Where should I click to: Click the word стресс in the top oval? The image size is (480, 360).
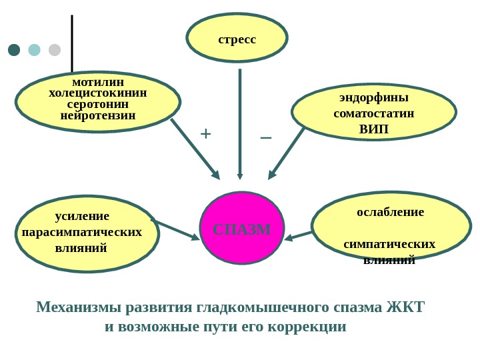click(x=237, y=39)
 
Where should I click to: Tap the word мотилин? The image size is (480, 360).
click(x=98, y=82)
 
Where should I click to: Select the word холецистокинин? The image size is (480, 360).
click(x=98, y=93)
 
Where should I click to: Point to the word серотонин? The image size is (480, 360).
click(x=98, y=104)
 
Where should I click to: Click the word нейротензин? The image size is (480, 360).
click(x=98, y=115)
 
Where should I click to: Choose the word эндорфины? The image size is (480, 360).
click(x=373, y=97)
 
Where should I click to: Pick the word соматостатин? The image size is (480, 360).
click(x=373, y=113)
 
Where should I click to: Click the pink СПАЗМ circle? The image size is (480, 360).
click(x=242, y=229)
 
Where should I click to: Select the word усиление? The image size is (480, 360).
click(x=82, y=216)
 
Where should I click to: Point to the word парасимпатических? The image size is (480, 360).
click(x=82, y=232)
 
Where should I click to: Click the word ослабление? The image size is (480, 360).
click(x=391, y=212)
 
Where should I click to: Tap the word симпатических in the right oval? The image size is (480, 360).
click(x=389, y=244)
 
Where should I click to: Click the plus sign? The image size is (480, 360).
click(x=205, y=134)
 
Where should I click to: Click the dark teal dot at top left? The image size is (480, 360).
click(x=14, y=50)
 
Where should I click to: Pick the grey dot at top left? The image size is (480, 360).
click(x=55, y=50)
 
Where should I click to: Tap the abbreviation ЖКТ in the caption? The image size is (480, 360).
click(x=405, y=307)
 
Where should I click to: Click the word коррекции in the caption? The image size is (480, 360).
click(x=310, y=327)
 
